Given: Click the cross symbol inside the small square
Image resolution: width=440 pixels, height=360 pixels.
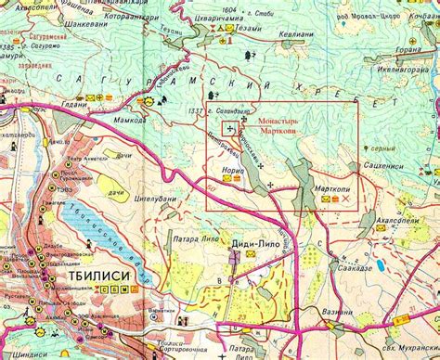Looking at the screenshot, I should (229, 130).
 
